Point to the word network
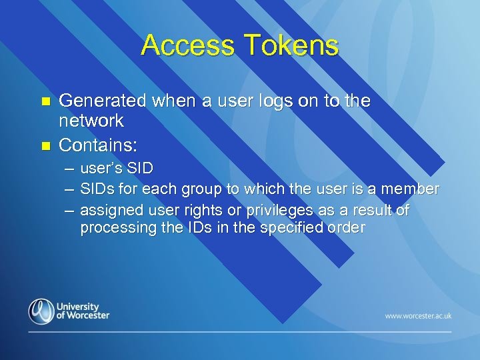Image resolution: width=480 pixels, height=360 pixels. click(91, 121)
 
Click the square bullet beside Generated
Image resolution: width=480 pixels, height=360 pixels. click(45, 101)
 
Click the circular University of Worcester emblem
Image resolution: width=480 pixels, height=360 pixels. click(41, 311)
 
